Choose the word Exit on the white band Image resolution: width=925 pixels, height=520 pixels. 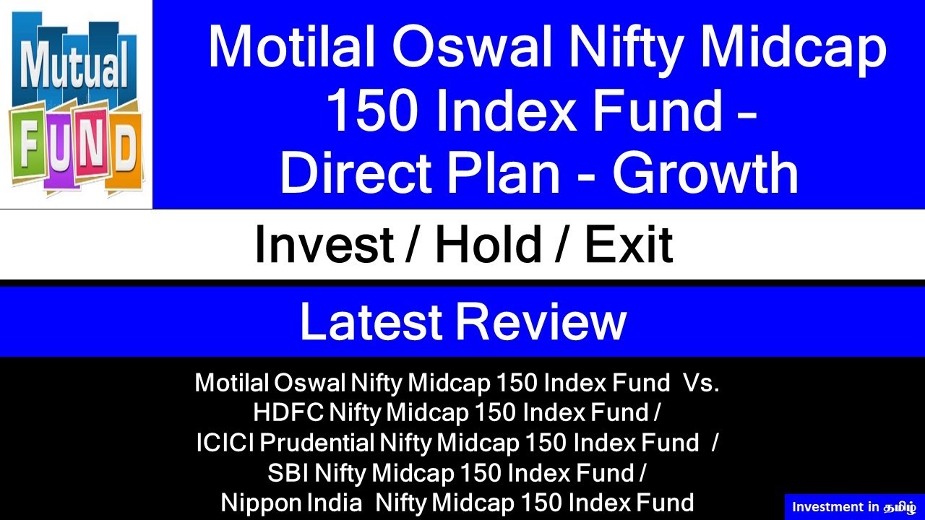click(628, 246)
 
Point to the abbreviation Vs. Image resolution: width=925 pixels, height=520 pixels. click(700, 383)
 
